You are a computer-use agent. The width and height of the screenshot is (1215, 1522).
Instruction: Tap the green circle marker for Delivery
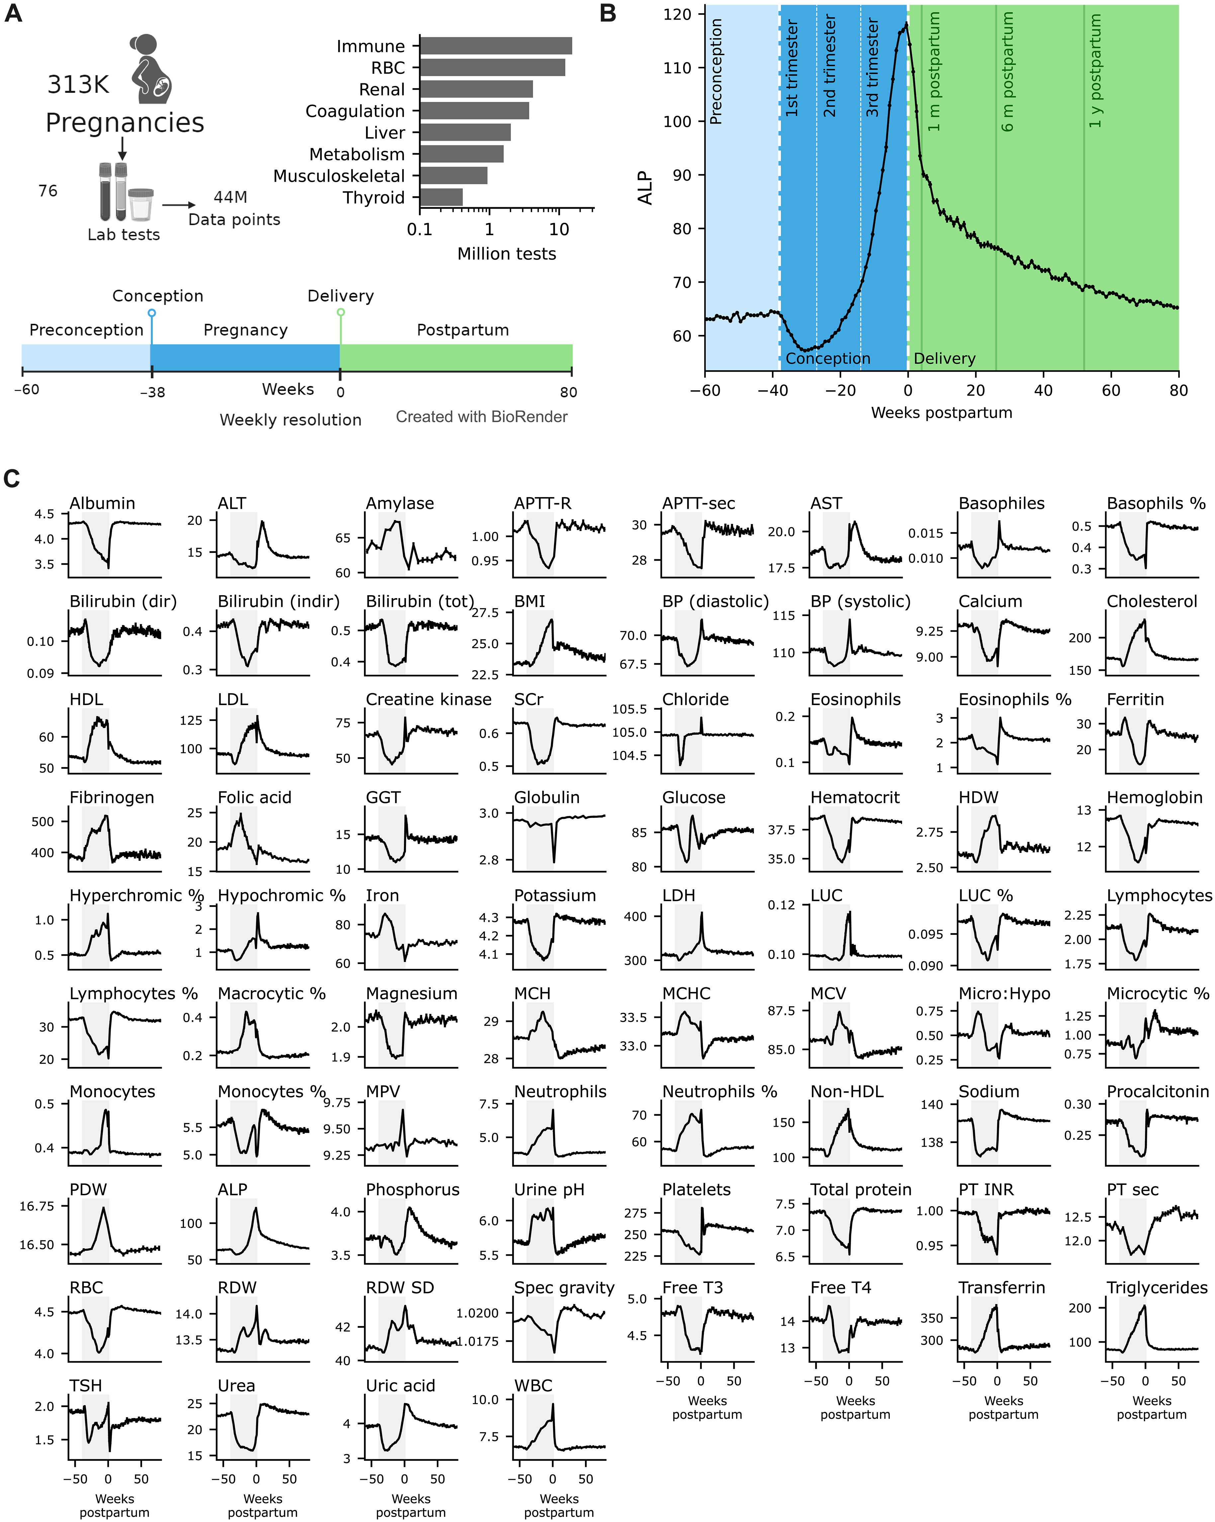pyautogui.click(x=340, y=312)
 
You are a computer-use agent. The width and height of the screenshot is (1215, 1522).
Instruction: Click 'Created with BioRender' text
pyautogui.click(x=482, y=416)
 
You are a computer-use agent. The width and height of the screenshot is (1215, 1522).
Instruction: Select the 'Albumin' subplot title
pyautogui.click(x=102, y=503)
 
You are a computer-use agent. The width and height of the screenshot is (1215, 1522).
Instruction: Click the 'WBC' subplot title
pyautogui.click(x=533, y=1386)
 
